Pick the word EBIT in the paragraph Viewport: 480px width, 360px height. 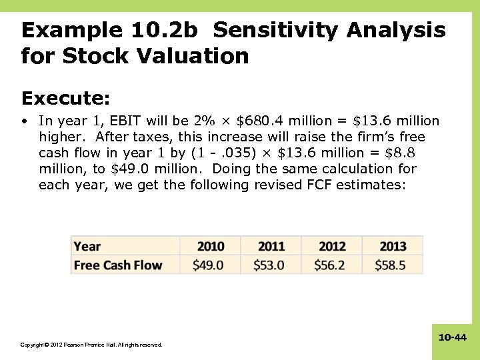pos(124,121)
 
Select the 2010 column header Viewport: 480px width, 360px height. pos(211,246)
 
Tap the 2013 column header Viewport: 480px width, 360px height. pos(393,246)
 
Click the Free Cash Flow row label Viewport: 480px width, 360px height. pos(118,265)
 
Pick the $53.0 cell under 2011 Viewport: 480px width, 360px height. pos(269,265)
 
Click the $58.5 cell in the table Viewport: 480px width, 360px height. pos(391,265)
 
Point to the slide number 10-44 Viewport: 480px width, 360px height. pos(452,338)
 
